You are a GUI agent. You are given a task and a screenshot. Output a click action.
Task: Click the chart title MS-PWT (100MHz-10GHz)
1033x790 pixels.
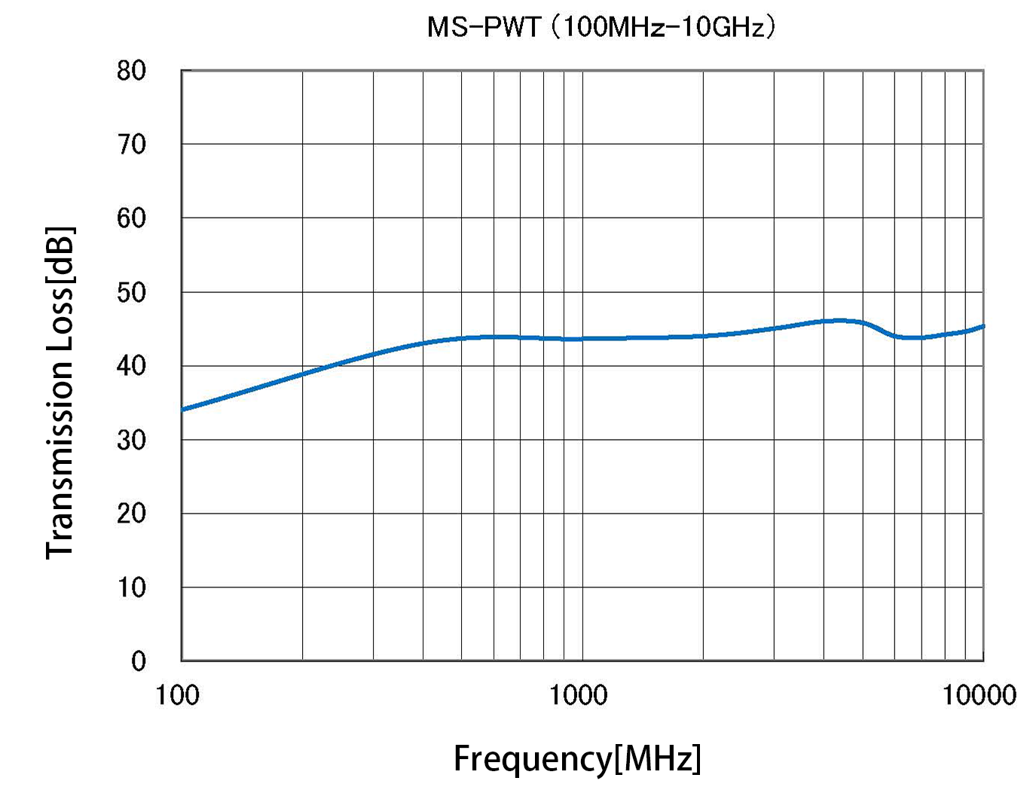coord(601,28)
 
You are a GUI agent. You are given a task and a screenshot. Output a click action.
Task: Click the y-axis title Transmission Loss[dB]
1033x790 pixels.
coord(60,392)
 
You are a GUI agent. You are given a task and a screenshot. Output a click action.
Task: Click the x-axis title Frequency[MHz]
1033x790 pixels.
coord(577,758)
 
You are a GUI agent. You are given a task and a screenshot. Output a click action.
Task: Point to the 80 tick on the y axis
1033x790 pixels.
coord(132,71)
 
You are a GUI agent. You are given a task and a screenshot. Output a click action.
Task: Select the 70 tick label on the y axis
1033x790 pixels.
coord(132,144)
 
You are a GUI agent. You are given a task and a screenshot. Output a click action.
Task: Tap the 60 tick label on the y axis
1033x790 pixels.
coord(132,218)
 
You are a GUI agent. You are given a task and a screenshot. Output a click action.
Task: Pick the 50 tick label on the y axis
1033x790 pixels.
coord(132,292)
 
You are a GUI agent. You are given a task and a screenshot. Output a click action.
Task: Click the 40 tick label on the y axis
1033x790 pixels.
coord(132,366)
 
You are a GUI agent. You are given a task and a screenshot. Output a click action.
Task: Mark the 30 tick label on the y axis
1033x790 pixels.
coord(132,440)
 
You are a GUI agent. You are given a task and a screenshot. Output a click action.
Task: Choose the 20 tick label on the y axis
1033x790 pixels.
coord(132,514)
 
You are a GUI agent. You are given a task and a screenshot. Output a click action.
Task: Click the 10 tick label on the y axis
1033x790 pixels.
coord(132,587)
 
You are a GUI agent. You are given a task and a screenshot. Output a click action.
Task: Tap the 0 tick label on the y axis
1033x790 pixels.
coord(139,661)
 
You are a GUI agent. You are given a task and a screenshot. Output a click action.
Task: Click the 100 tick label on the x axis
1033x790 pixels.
coord(178,695)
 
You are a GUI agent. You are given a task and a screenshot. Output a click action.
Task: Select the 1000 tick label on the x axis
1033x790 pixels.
coord(578,695)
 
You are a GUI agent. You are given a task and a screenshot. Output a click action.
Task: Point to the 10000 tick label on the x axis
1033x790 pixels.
coord(979,695)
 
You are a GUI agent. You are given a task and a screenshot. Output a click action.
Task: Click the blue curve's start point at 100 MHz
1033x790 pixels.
coord(183,410)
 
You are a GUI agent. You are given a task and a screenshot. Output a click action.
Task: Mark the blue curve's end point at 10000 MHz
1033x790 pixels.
coord(983,327)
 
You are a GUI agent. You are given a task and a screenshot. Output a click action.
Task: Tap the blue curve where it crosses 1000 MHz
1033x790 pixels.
coord(582,339)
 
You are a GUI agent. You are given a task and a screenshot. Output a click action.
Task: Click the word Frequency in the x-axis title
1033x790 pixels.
coord(532,758)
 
